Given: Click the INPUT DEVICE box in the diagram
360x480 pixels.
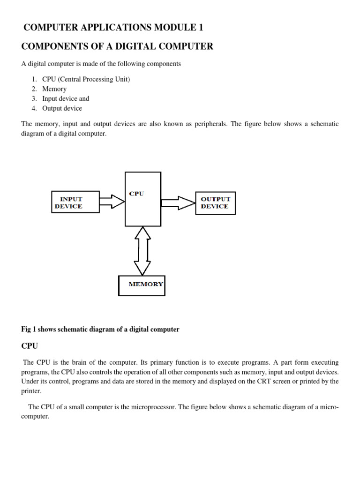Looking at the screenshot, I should pos(75,202).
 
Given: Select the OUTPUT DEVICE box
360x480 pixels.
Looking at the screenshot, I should pos(215,202).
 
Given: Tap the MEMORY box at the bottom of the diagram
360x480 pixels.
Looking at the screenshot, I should pos(142,284).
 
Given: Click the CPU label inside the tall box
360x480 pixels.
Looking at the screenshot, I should pos(136,194).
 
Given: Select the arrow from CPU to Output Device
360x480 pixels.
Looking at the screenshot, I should pos(178,202).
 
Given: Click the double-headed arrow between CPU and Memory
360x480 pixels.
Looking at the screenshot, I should pos(142,250).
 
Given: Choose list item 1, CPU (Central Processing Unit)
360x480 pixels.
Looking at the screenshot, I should pos(86,79).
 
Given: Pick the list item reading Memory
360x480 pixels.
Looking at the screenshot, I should pos(54,89).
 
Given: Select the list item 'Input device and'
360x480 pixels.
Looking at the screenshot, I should pos(66,98).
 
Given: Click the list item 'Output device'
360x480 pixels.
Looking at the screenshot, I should pos(62,108).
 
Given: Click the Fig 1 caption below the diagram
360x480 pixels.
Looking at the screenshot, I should pos(100,330).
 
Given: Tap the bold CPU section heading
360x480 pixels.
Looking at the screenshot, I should pos(30,346).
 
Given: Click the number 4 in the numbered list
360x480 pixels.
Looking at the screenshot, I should pos(34,108).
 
